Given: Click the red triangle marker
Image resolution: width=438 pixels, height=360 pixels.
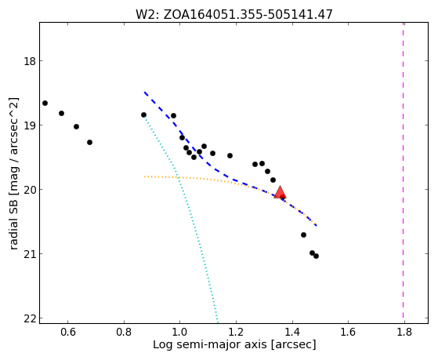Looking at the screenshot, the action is (x=280, y=192).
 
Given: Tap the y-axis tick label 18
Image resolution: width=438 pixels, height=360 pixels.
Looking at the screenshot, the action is (x=30, y=60).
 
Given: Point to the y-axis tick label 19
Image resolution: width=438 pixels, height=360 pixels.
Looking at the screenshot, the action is (x=30, y=125).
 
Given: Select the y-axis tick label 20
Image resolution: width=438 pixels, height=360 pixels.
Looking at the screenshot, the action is (x=30, y=189).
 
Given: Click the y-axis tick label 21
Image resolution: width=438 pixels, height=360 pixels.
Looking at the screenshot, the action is (x=30, y=253).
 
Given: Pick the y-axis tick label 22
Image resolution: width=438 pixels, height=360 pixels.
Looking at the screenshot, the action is (x=30, y=318).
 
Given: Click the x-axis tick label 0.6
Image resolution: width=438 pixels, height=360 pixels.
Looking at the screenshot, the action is (x=68, y=332).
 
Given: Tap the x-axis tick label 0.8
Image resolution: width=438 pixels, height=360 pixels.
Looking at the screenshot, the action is (x=124, y=332).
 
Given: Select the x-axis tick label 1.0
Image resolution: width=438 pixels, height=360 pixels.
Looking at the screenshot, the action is (x=180, y=332).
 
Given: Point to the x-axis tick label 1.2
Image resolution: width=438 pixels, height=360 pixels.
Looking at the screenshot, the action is (x=236, y=332).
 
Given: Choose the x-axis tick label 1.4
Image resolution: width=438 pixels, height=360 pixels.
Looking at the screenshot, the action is (x=292, y=332).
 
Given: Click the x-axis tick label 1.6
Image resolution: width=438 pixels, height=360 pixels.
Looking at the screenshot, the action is (x=348, y=332).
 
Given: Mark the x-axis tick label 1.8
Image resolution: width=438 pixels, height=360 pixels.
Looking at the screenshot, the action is (x=404, y=332).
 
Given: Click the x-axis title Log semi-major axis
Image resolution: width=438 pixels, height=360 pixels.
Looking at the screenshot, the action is (x=210, y=345).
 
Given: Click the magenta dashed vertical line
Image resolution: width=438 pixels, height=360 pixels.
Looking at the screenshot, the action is (x=403, y=170).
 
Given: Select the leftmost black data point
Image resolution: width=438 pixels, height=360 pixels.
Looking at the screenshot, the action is (x=45, y=104).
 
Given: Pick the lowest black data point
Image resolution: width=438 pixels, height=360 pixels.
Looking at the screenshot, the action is (x=316, y=256).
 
